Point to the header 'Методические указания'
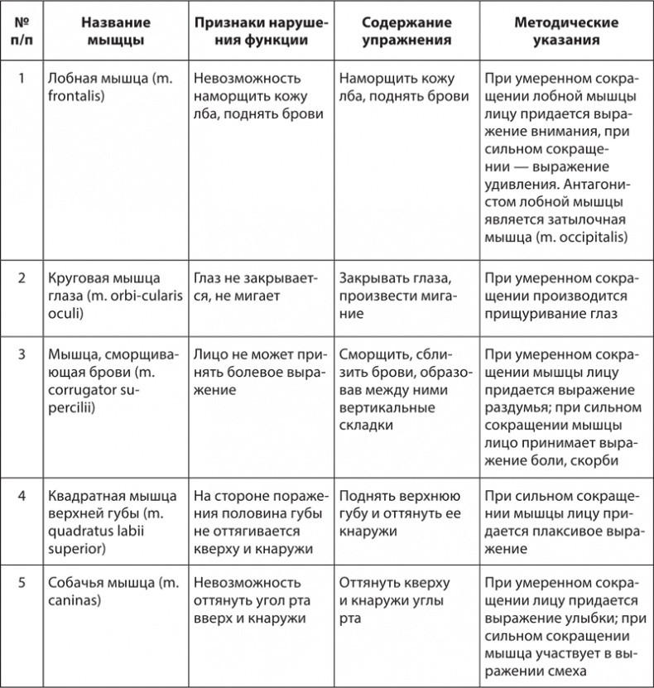click(x=563, y=31)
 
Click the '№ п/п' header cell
click(x=22, y=31)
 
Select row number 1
click(x=22, y=79)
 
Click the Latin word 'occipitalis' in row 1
click(x=589, y=238)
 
